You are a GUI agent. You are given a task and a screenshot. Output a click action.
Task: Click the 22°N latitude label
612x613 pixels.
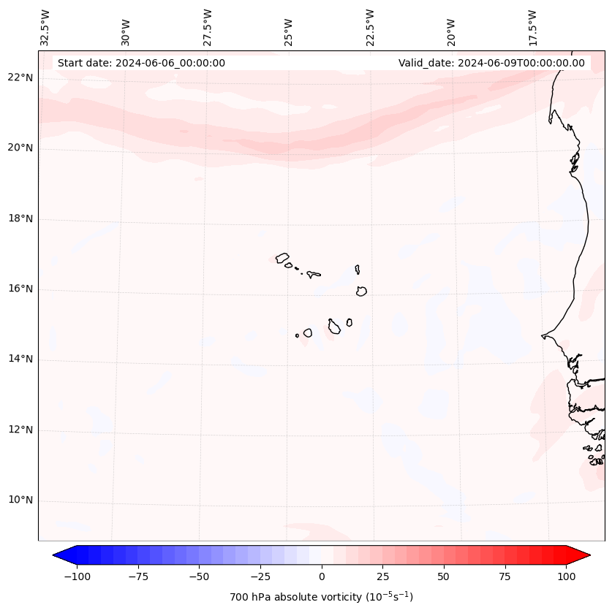[x=20, y=77]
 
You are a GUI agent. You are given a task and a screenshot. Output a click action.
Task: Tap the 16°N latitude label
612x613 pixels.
[x=20, y=289]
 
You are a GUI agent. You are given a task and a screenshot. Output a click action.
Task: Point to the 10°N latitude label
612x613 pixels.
[x=20, y=500]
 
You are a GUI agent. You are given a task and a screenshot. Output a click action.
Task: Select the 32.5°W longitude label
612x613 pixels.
[x=45, y=27]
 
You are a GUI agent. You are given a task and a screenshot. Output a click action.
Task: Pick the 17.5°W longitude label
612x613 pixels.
[x=532, y=27]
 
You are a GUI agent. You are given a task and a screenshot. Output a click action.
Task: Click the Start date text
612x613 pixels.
[x=141, y=63]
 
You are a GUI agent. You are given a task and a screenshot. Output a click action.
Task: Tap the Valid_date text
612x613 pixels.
[x=491, y=63]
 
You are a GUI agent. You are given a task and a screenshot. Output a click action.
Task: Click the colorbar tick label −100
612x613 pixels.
[x=77, y=576]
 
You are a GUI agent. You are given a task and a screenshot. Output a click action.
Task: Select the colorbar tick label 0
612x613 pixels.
[x=322, y=576]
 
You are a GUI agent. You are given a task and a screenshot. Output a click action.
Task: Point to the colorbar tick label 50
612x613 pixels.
[x=444, y=576]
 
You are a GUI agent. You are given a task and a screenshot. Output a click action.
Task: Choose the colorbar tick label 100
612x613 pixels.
[x=566, y=576]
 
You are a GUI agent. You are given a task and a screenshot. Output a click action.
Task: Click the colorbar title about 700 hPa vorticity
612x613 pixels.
[x=322, y=597]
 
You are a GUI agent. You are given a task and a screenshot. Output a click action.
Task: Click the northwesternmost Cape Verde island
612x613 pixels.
[x=282, y=258]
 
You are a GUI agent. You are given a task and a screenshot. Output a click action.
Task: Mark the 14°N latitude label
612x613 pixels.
[x=20, y=359]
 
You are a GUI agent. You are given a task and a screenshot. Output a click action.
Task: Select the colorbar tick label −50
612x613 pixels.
[x=199, y=576]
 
